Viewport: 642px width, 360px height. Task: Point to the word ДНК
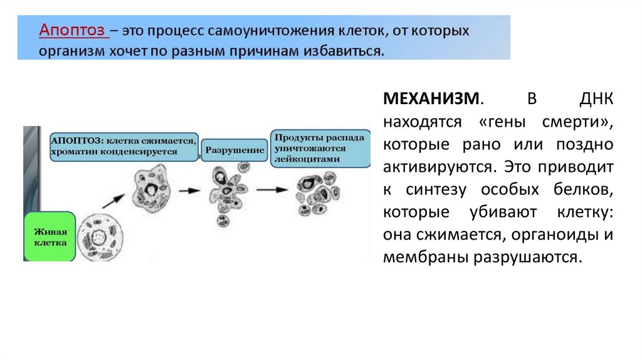(596, 98)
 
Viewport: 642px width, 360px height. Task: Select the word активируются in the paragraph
(438, 166)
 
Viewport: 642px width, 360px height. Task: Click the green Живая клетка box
(50, 236)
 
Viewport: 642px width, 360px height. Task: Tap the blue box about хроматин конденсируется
(124, 147)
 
